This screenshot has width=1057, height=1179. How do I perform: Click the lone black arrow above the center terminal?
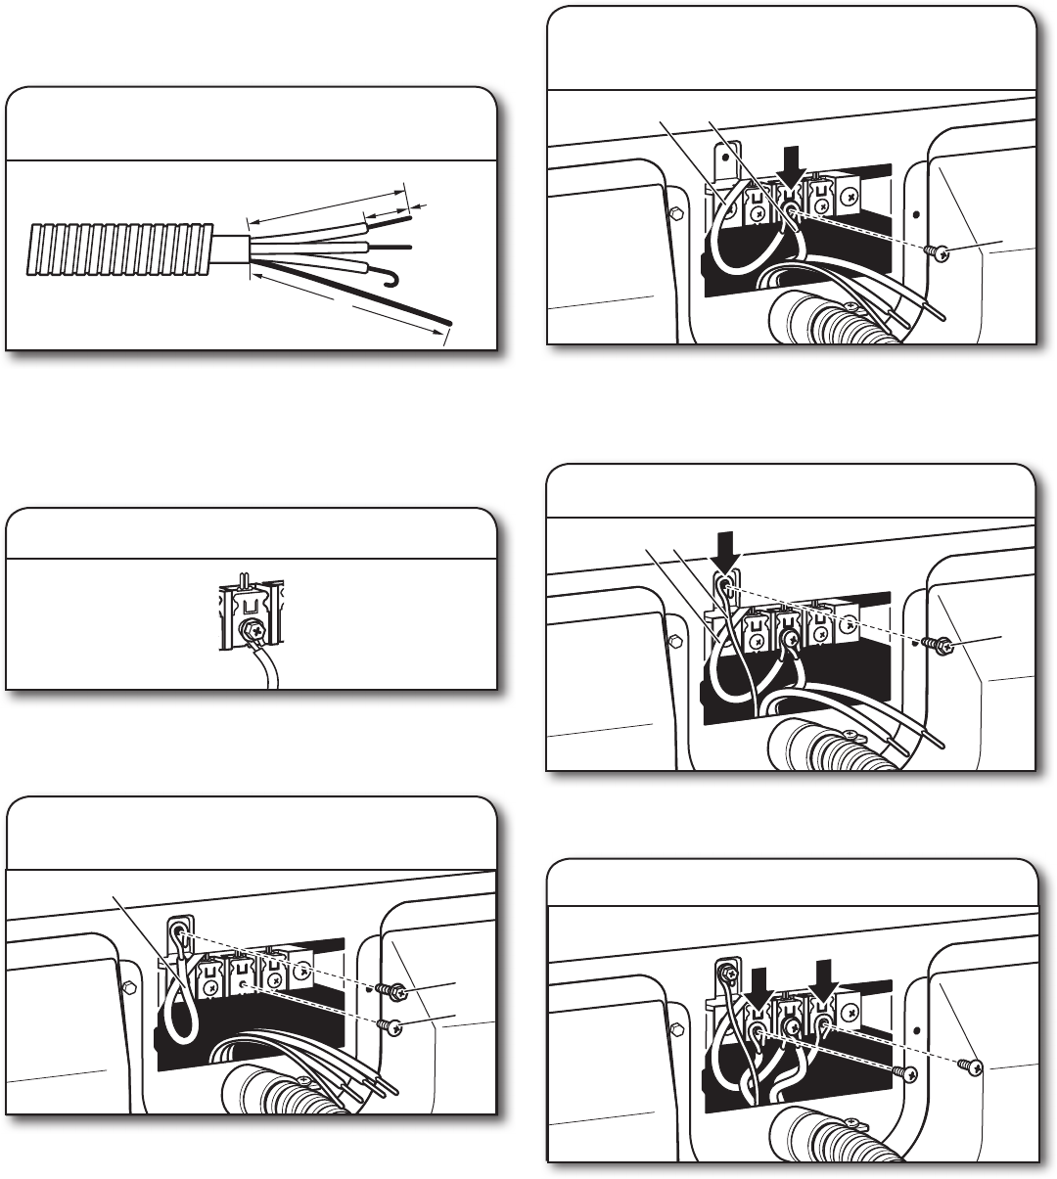tap(789, 172)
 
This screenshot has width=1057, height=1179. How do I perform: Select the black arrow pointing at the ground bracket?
tap(725, 563)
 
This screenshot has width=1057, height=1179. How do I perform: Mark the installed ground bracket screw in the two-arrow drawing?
tap(726, 971)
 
